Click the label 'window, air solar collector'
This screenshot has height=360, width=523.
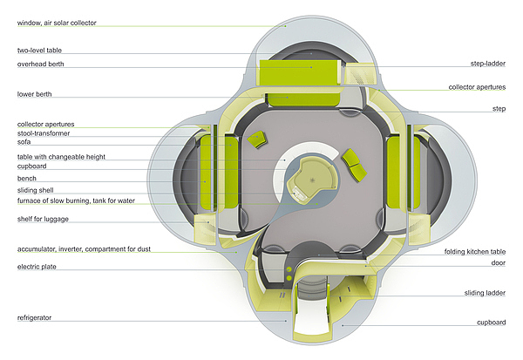pos(51,22)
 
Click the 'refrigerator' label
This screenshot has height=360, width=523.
pos(34,318)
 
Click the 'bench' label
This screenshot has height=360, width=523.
pos(26,178)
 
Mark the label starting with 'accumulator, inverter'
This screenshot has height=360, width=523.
pos(84,248)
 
